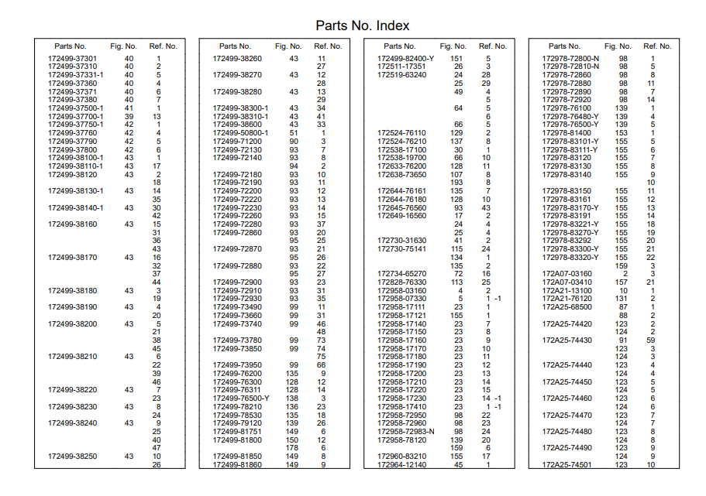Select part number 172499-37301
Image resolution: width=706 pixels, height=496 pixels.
click(x=73, y=59)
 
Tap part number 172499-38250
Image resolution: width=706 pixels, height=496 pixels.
click(x=73, y=457)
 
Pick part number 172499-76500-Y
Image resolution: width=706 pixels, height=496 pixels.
click(x=241, y=398)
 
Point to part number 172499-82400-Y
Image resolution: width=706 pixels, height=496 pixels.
click(x=405, y=59)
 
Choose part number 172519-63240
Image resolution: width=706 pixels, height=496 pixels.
click(x=401, y=75)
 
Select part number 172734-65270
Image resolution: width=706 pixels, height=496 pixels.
click(x=401, y=274)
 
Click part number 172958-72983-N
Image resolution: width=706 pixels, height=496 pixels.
click(x=405, y=431)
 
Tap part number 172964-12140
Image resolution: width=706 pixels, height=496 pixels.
click(x=401, y=464)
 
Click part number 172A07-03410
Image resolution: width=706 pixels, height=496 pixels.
click(x=567, y=282)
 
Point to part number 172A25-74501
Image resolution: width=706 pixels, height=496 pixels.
click(x=567, y=464)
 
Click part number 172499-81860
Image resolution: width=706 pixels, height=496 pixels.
click(x=237, y=464)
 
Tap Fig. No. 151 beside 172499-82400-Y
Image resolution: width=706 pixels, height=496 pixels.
click(x=457, y=59)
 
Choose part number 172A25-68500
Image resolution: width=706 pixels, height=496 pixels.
click(x=567, y=306)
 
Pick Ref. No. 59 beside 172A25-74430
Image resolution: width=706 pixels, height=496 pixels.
click(x=651, y=340)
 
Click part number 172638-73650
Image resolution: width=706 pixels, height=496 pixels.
click(x=401, y=174)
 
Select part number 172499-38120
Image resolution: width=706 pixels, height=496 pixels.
click(x=73, y=174)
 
